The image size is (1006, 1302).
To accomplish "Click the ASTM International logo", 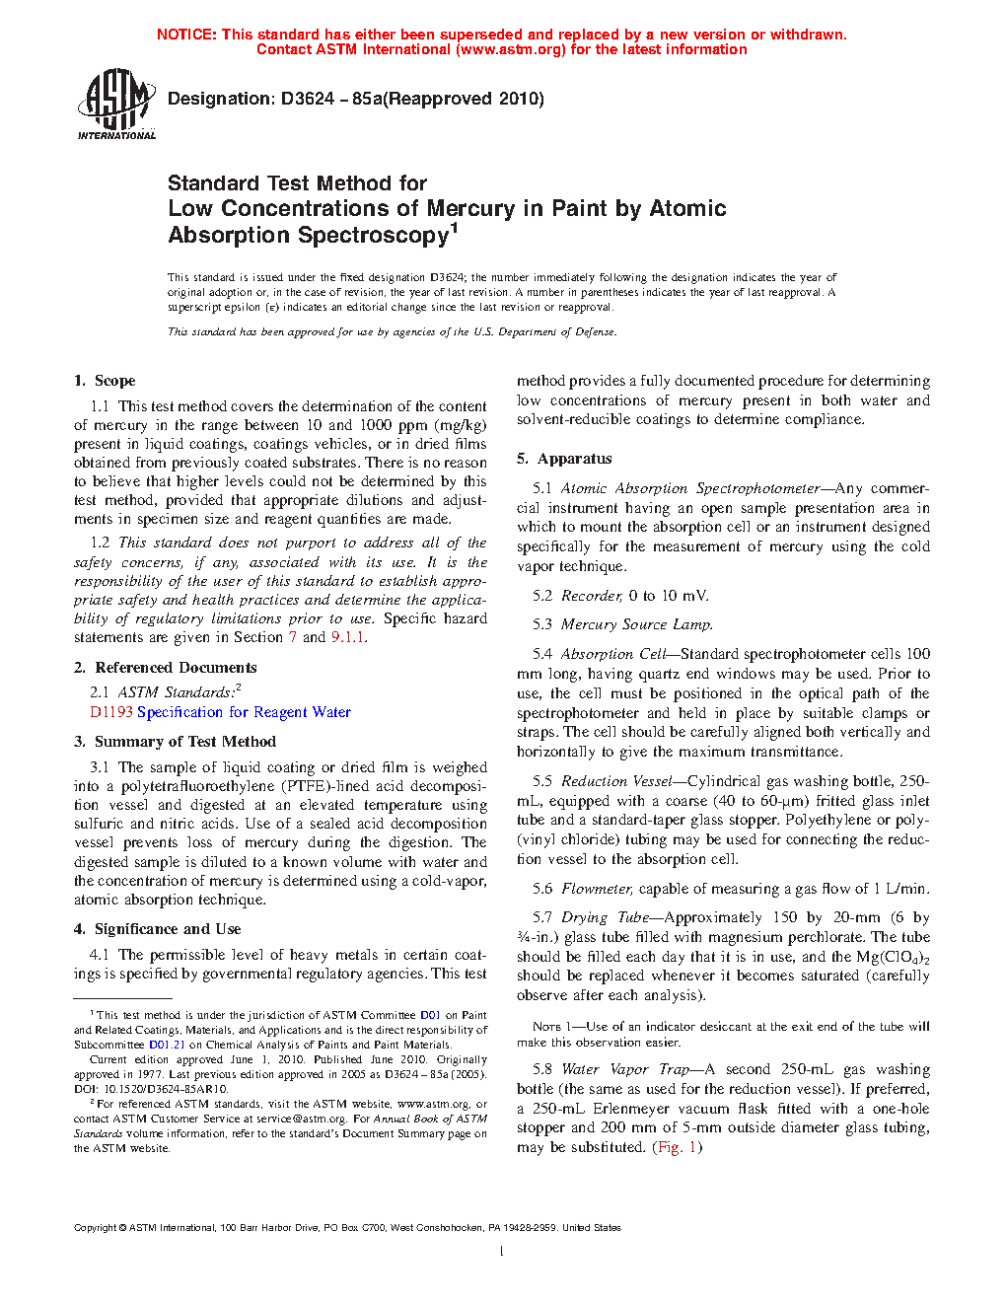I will pyautogui.click(x=115, y=104).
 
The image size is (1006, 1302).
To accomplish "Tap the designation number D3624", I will pyautogui.click(x=307, y=99).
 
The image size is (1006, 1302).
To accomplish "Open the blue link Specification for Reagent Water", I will pyautogui.click(x=244, y=712).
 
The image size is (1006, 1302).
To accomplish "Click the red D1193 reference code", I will pyautogui.click(x=110, y=712).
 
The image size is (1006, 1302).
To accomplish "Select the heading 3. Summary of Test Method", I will pyautogui.click(x=175, y=742).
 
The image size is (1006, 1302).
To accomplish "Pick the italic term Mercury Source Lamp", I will pyautogui.click(x=636, y=624).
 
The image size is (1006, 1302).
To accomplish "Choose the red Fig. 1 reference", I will pyautogui.click(x=678, y=1147).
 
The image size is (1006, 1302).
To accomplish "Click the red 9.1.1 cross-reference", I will pyautogui.click(x=348, y=637).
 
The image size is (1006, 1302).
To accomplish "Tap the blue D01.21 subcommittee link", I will pyautogui.click(x=167, y=1045).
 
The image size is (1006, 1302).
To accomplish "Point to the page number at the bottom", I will pyautogui.click(x=502, y=1252).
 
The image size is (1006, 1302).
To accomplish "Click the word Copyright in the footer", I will pyautogui.click(x=96, y=1228).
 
